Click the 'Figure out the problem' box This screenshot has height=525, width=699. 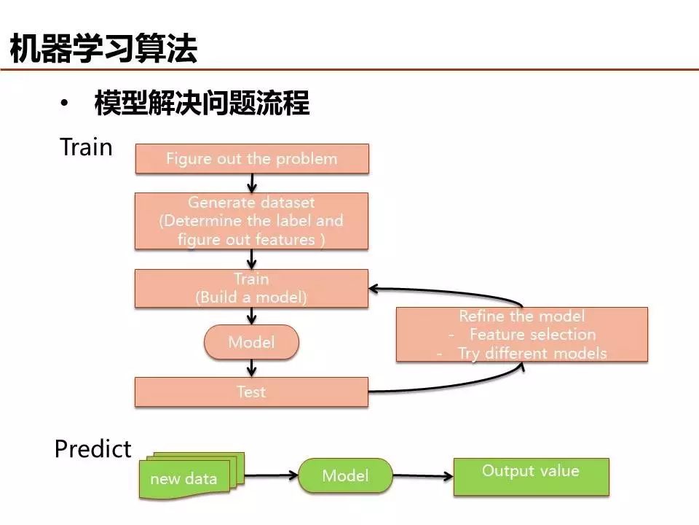[252, 158]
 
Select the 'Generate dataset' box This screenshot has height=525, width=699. [252, 220]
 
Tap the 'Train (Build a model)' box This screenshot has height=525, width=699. [252, 288]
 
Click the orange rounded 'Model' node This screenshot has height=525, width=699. [252, 342]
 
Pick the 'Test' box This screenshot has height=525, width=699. [252, 392]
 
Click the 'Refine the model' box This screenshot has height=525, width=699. [521, 335]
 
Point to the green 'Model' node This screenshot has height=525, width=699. [346, 476]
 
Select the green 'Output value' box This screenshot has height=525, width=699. [531, 477]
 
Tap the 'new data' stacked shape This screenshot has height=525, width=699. [184, 478]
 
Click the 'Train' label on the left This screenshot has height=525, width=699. [86, 147]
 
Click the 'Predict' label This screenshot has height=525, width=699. [92, 448]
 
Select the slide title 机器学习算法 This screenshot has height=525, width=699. [103, 49]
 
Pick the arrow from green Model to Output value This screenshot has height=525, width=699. [422, 477]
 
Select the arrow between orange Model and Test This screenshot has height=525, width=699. [252, 368]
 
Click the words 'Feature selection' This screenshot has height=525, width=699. [532, 335]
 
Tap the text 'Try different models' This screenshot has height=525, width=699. [532, 353]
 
